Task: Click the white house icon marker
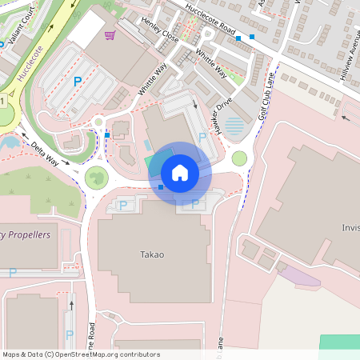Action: click(180, 172)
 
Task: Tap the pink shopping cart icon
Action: click(110, 35)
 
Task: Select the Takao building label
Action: click(152, 254)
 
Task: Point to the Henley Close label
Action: click(160, 30)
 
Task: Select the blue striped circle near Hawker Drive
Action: click(234, 126)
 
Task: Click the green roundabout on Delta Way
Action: click(96, 177)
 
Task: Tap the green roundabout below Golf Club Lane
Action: click(239, 158)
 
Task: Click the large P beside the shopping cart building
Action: click(78, 81)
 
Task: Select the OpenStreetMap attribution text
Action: click(81, 354)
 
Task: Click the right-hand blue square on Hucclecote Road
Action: click(252, 37)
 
